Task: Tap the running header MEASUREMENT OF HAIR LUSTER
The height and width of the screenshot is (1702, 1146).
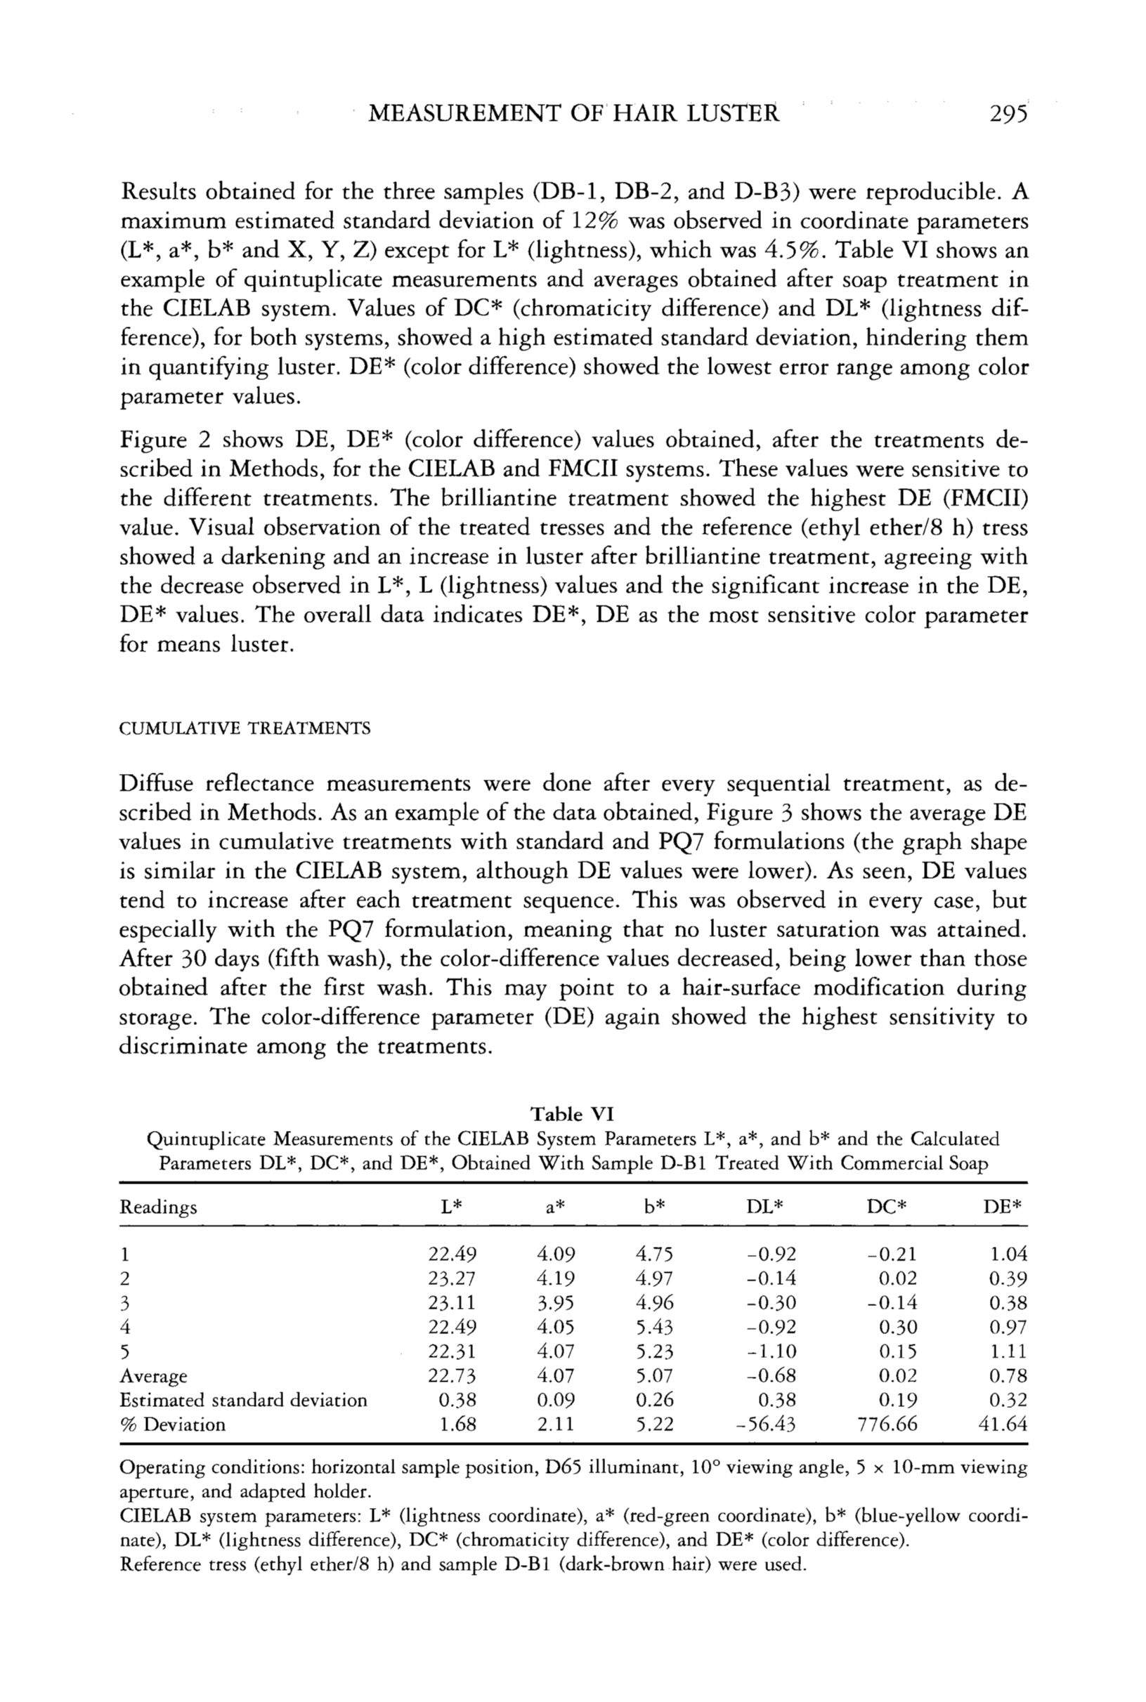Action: (574, 114)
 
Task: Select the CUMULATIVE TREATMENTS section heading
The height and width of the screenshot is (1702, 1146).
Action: (245, 728)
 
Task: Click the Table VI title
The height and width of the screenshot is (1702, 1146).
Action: (572, 1114)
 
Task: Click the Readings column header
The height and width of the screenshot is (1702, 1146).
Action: (158, 1207)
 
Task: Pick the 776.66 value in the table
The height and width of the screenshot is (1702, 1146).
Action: (888, 1424)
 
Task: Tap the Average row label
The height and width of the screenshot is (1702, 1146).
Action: (152, 1375)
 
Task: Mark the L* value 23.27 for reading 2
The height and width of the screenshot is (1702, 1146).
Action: (452, 1278)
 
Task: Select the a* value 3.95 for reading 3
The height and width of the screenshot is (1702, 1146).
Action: (556, 1302)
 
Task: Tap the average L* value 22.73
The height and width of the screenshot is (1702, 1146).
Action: (452, 1375)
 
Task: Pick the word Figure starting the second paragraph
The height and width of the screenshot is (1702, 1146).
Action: (149, 440)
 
